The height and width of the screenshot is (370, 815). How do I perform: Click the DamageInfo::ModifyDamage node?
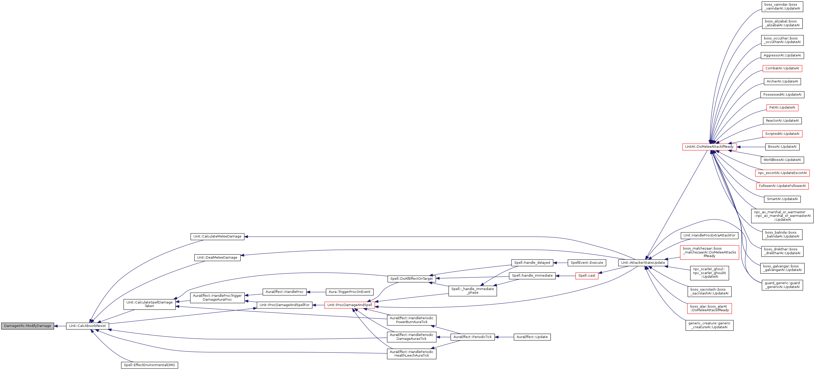point(28,326)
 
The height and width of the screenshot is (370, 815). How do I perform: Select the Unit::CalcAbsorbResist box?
point(87,326)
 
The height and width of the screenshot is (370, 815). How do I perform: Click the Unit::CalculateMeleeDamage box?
point(217,236)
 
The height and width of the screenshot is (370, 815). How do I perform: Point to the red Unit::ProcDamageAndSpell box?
point(350,305)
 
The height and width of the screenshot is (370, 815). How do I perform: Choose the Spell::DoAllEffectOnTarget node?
point(411,279)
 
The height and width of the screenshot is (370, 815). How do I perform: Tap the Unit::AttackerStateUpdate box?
point(643,263)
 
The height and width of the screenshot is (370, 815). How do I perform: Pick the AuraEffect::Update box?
point(532,337)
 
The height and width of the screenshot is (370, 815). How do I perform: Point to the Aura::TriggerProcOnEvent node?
point(349,292)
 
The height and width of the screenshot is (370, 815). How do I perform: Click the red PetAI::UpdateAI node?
point(782,108)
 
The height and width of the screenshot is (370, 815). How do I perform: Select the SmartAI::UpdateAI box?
point(782,199)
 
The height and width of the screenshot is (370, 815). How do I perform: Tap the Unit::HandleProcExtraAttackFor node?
point(709,235)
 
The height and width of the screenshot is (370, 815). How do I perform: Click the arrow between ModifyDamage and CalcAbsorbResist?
point(60,326)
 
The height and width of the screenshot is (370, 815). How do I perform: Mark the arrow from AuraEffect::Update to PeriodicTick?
point(504,337)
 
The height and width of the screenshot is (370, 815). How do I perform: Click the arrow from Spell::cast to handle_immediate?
point(565,276)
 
